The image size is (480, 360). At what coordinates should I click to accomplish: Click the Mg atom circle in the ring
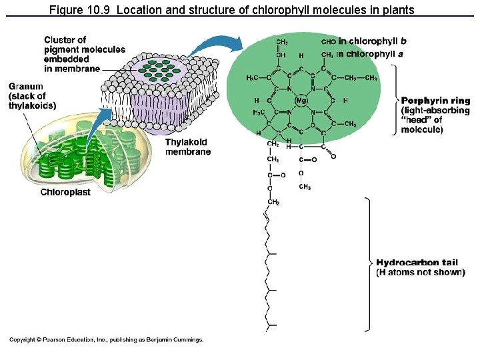(300, 101)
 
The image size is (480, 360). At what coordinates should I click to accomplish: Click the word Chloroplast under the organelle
(65, 193)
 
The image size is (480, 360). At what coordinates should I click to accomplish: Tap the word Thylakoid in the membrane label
(186, 142)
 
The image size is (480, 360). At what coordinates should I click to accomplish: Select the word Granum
(26, 87)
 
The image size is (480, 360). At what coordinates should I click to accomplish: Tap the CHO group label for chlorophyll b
(328, 41)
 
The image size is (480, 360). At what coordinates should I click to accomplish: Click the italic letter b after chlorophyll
(403, 41)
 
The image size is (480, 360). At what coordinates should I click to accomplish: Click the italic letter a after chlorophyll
(400, 54)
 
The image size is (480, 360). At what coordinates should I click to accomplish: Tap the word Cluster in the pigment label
(57, 40)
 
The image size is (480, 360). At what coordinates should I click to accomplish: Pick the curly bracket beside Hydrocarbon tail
(367, 263)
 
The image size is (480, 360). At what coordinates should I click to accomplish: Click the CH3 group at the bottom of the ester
(304, 187)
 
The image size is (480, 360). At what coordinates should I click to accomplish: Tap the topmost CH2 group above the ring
(282, 42)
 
